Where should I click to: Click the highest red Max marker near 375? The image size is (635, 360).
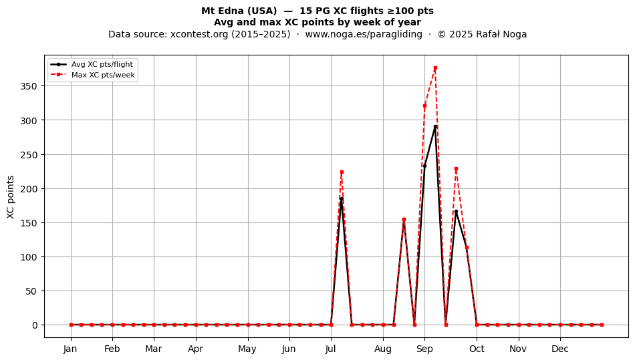(435, 68)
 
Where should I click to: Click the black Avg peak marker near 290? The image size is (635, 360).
(435, 127)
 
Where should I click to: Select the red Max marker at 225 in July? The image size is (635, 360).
(342, 172)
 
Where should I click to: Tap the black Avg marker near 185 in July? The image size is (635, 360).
(342, 198)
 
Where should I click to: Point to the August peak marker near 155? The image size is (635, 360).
(404, 220)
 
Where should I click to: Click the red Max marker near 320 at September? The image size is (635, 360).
(425, 106)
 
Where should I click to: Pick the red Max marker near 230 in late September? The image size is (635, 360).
(456, 169)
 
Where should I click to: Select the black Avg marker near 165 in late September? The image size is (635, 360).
(456, 212)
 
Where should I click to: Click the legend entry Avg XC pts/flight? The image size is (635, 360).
(102, 64)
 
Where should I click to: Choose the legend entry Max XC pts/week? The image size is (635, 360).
(103, 75)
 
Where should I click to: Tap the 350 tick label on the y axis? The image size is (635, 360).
(29, 86)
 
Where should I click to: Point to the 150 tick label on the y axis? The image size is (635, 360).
(29, 223)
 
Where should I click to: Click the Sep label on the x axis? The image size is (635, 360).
(425, 349)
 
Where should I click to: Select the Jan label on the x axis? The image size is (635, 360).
(70, 349)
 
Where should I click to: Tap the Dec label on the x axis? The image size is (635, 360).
(560, 349)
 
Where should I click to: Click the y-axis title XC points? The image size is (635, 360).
(11, 197)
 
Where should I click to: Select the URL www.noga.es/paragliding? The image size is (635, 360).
(364, 34)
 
